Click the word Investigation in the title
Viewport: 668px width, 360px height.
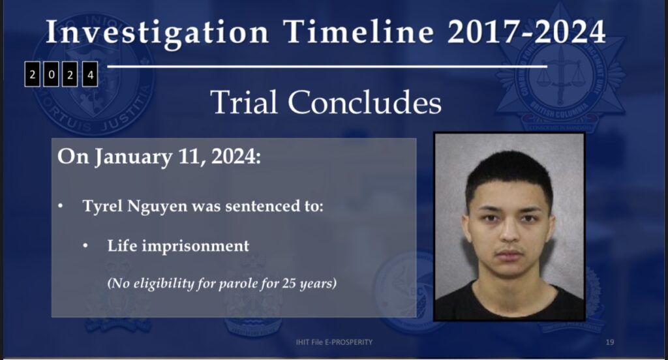tap(157, 33)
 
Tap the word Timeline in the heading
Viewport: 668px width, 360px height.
tap(359, 32)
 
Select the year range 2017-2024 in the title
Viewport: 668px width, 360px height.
tap(526, 32)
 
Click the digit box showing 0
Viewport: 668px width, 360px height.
tap(51, 74)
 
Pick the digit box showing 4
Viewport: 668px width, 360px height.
tap(90, 74)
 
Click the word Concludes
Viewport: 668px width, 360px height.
tap(365, 102)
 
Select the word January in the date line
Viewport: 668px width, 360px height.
tap(133, 158)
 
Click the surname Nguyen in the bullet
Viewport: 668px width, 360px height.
tap(157, 207)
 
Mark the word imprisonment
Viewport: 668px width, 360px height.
tap(196, 247)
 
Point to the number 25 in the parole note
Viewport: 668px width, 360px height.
tap(289, 283)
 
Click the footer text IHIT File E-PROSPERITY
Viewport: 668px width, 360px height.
tap(334, 342)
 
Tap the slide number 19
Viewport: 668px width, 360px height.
tap(610, 342)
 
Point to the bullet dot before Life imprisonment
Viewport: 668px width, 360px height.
tap(85, 246)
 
